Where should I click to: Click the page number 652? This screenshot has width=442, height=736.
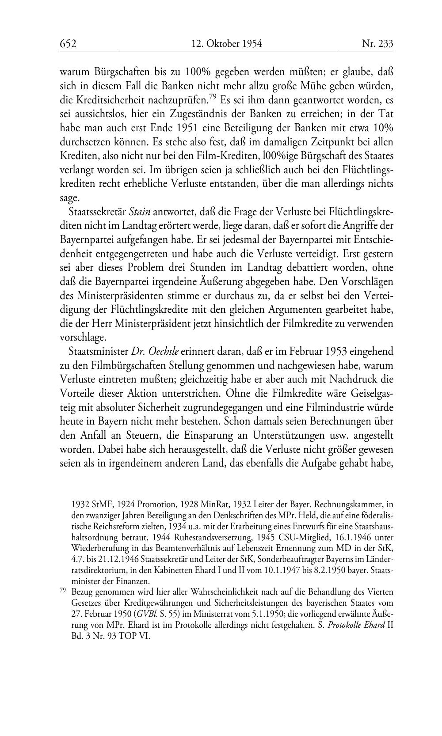click(69, 43)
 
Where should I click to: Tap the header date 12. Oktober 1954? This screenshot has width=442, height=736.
click(227, 43)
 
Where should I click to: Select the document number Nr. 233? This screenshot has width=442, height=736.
click(377, 43)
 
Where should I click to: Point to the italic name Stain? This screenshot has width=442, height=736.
click(139, 212)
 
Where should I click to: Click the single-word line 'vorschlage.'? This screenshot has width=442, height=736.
click(83, 338)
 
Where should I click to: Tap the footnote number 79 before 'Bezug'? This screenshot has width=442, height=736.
click(63, 591)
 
